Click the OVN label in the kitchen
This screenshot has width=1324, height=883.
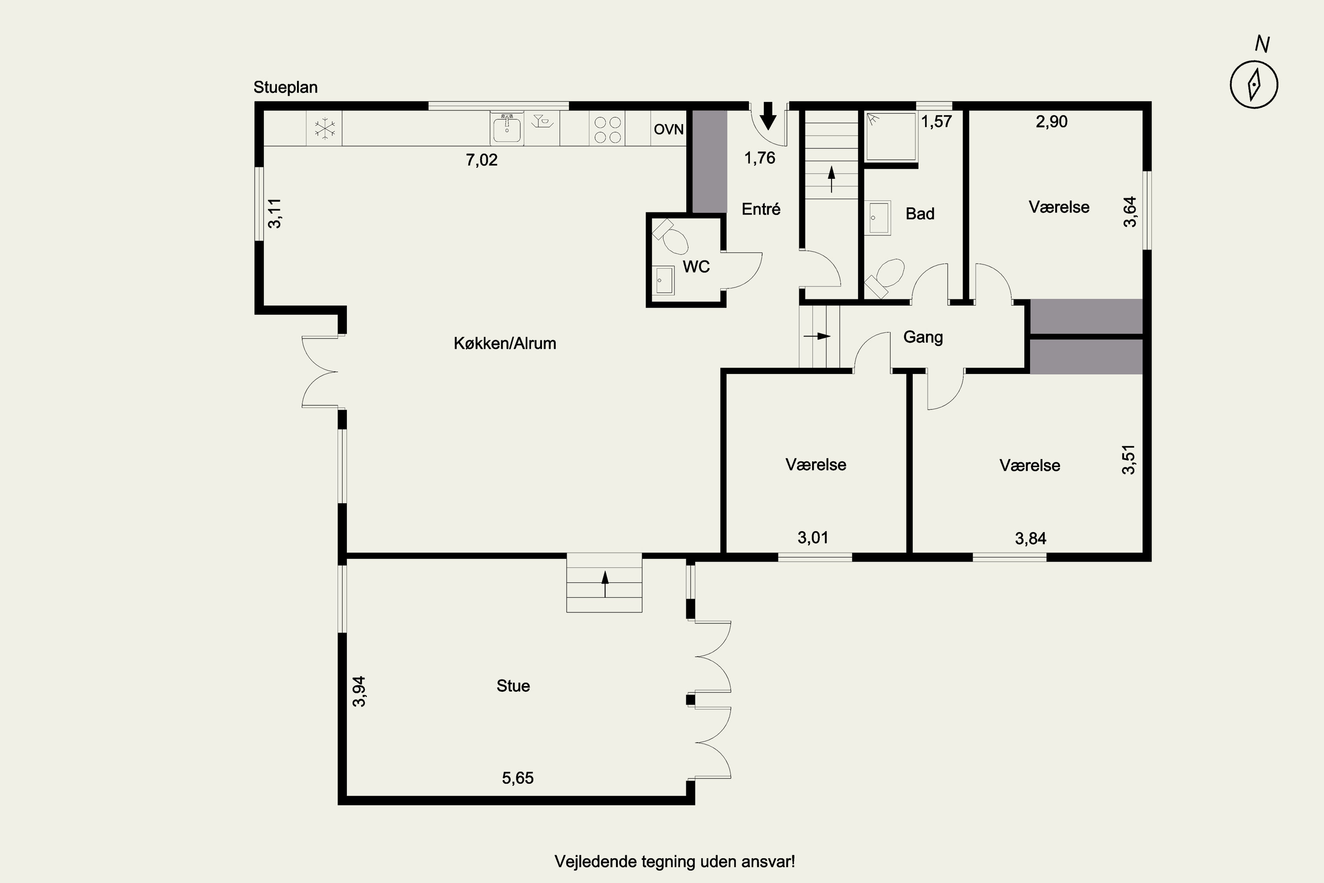coord(669,129)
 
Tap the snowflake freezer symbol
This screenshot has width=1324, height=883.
coord(325,128)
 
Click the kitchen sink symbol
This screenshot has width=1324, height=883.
coord(507,127)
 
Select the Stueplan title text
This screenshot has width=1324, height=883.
coord(286,87)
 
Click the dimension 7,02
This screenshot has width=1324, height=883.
coord(482,160)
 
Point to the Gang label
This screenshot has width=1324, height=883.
coord(923,337)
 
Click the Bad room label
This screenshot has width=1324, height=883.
coord(920,214)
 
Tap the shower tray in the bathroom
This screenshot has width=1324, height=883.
coord(891,137)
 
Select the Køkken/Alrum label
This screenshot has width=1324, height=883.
coord(505,343)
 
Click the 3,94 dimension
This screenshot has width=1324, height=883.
coord(359,691)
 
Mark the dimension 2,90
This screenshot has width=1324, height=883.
coord(1052,122)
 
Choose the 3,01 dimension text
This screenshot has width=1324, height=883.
coord(813,538)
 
